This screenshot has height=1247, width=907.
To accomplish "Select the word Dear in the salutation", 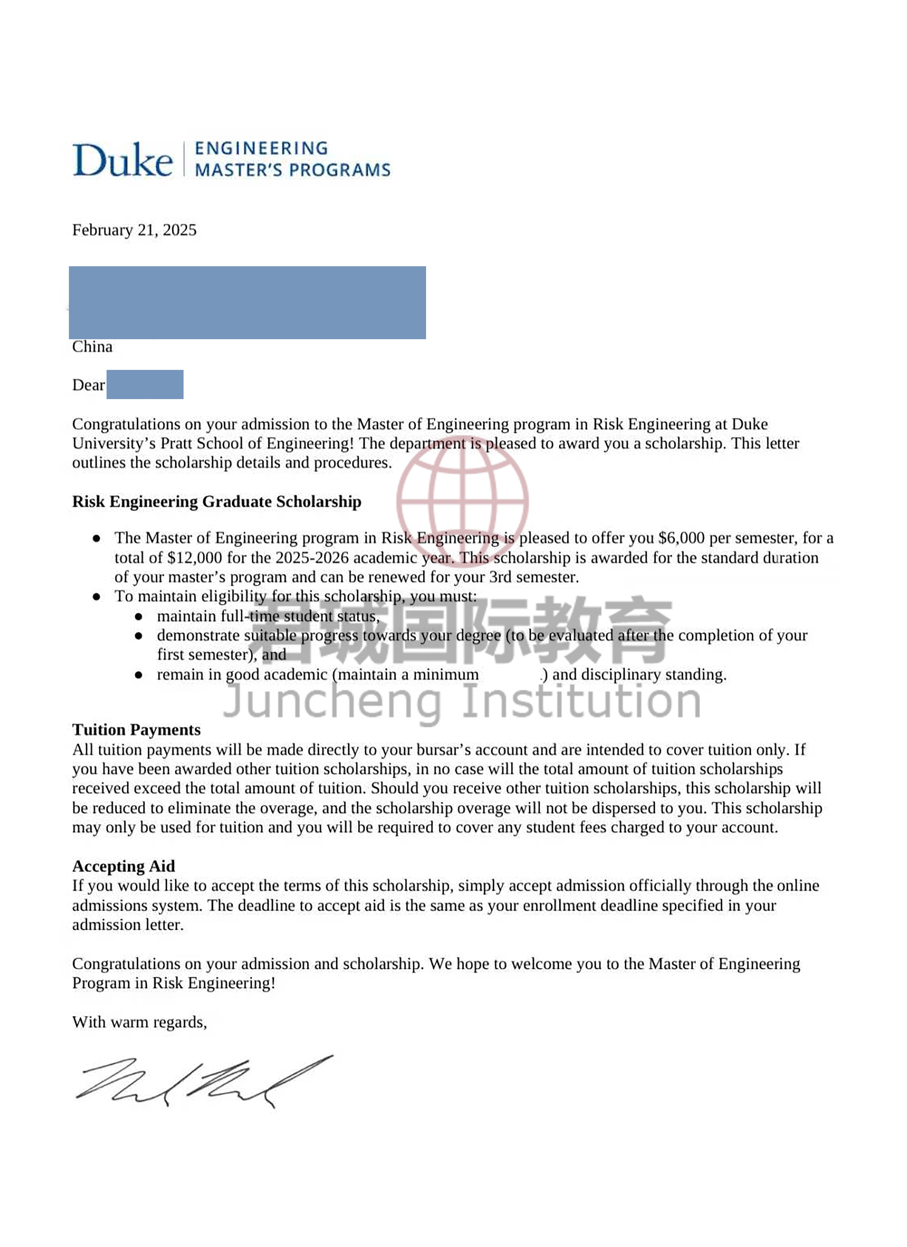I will (88, 385).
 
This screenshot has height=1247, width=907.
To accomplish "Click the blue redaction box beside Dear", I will (145, 384).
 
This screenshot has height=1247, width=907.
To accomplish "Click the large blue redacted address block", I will (247, 302).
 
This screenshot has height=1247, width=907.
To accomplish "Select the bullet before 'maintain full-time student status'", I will (139, 617).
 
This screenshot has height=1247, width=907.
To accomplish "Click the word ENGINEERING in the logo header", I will (261, 148).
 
